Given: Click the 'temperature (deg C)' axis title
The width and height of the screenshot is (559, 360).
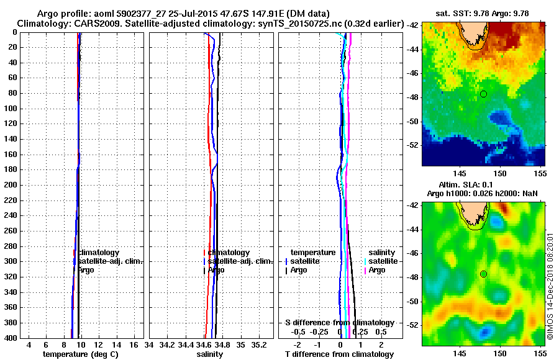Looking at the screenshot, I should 80,354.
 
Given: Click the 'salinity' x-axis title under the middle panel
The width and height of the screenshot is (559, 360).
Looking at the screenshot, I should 209,354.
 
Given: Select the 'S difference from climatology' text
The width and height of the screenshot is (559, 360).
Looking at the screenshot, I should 339,323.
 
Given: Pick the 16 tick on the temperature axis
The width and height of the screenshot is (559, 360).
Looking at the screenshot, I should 134,344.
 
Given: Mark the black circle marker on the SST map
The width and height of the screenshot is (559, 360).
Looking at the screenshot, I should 483,94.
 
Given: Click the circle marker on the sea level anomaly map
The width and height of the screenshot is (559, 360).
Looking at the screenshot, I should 483,274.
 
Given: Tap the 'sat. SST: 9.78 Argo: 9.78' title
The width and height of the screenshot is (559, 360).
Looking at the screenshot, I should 478,13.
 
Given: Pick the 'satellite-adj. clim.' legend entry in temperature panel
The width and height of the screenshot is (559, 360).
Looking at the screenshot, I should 111,261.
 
